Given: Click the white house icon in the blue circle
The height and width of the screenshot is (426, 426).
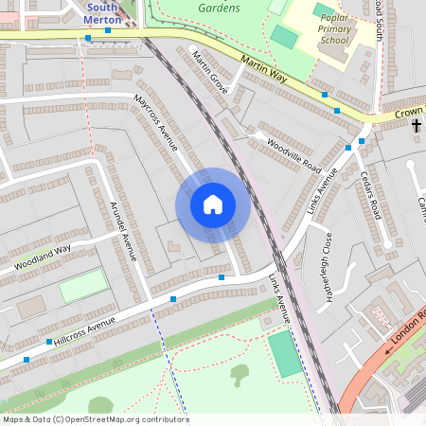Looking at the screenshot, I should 213,204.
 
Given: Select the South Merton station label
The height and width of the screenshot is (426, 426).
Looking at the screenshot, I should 102,13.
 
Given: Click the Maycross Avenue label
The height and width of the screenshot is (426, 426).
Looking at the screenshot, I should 155,122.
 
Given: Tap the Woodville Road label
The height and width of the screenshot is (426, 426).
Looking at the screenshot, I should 293,157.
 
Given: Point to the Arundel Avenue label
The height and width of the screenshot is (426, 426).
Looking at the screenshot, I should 123,231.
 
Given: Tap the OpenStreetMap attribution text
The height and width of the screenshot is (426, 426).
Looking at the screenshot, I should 95,419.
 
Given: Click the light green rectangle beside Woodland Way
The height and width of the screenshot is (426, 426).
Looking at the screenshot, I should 82,286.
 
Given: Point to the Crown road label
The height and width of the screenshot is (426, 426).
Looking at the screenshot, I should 409,113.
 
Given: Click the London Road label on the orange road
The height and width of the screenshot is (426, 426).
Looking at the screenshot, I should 406,327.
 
